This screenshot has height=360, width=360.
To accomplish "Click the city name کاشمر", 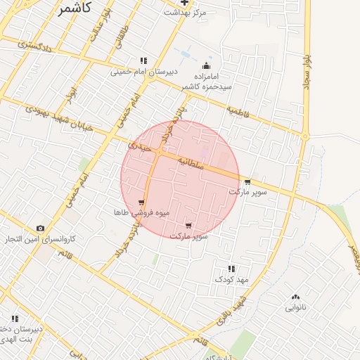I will pyautogui.click(x=74, y=9).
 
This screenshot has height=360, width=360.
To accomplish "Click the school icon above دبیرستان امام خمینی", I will pyautogui.click(x=143, y=60).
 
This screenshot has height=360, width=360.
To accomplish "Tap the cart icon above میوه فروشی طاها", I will pyautogui.click(x=141, y=202).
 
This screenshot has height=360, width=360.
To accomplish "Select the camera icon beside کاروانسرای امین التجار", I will pyautogui.click(x=40, y=228).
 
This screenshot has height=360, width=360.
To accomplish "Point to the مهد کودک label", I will pyautogui.click(x=233, y=279).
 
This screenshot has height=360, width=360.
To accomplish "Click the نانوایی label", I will pyautogui.click(x=295, y=307).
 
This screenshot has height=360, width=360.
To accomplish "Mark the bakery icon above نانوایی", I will pyautogui.click(x=295, y=297).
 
